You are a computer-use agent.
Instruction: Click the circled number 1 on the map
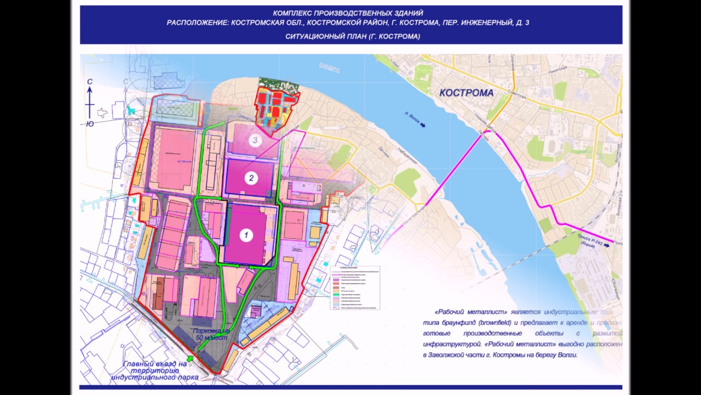(246, 235)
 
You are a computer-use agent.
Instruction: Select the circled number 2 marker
(251, 178)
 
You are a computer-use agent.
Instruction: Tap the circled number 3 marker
(254, 140)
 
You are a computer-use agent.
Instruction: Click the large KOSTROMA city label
(466, 93)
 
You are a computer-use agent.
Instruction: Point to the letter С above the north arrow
(89, 82)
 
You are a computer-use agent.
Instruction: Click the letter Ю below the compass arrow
(89, 124)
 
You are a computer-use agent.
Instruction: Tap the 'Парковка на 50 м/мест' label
(209, 335)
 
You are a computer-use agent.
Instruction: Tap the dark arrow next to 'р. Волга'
(422, 125)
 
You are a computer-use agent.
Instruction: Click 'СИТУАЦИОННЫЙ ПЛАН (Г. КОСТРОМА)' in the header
(352, 36)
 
